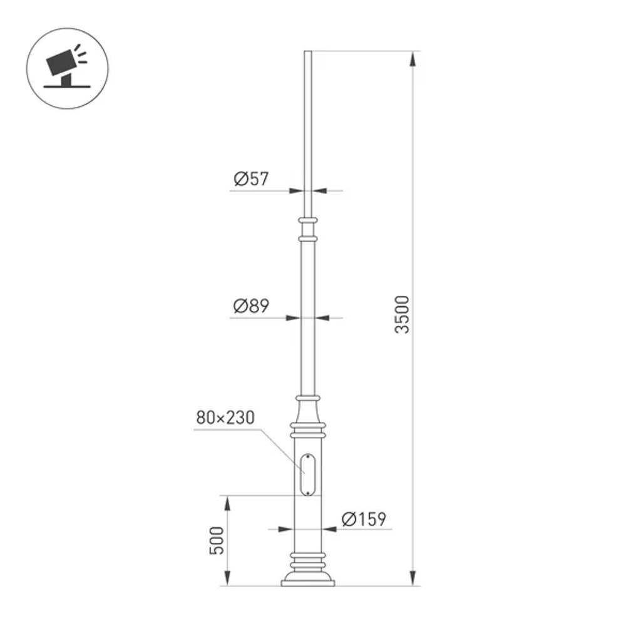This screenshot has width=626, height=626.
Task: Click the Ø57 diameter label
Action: (x=251, y=179)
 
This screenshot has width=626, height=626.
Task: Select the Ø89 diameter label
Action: (x=251, y=306)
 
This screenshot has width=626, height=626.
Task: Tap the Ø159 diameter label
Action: (x=364, y=519)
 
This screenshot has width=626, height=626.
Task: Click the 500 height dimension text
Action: (x=216, y=541)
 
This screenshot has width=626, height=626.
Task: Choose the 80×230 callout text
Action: (x=225, y=418)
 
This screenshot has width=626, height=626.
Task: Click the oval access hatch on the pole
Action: (x=308, y=473)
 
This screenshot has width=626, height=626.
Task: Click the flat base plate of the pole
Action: (x=308, y=583)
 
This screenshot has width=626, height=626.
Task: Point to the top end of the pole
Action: (x=308, y=53)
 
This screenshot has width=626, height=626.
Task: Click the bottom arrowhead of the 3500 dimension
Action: (x=413, y=579)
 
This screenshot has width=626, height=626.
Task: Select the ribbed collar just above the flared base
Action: (x=308, y=557)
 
